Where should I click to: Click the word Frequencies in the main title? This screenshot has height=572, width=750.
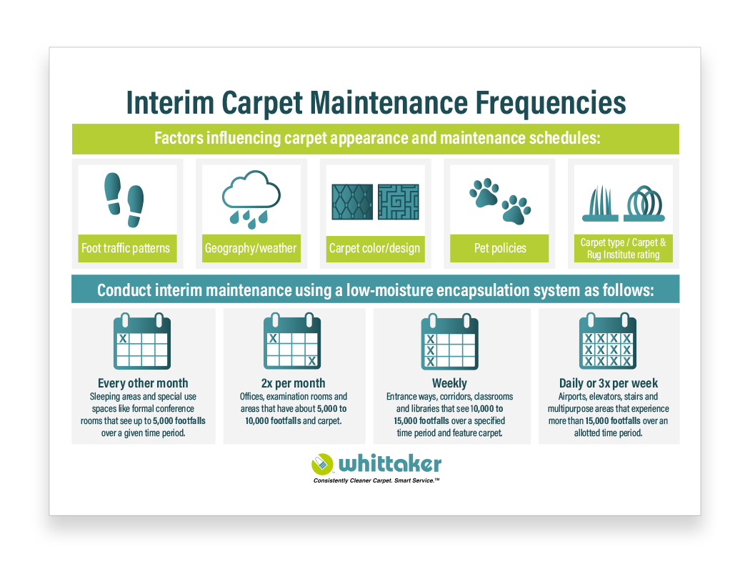[x=542, y=104]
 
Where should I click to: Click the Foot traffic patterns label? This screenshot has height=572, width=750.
[x=126, y=249]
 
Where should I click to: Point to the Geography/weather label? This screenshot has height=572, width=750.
[x=251, y=249]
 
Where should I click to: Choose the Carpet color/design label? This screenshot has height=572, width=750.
[x=374, y=249]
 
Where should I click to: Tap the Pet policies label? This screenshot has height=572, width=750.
[x=500, y=249]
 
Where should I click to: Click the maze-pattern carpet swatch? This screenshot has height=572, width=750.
[x=399, y=202]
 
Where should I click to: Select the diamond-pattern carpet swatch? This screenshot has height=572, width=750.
[x=352, y=202]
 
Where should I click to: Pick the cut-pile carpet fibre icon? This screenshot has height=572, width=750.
[x=602, y=204]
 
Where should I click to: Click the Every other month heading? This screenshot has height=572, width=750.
[x=143, y=383]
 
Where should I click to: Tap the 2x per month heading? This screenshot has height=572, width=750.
[x=293, y=383]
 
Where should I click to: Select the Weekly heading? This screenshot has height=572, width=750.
[x=449, y=383]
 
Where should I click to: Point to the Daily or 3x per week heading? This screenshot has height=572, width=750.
[x=609, y=383]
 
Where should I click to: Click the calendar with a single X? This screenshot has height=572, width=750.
[x=142, y=342]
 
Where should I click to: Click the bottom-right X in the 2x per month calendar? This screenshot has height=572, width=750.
[x=311, y=360]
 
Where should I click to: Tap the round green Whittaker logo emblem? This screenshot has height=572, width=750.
[x=322, y=464]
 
